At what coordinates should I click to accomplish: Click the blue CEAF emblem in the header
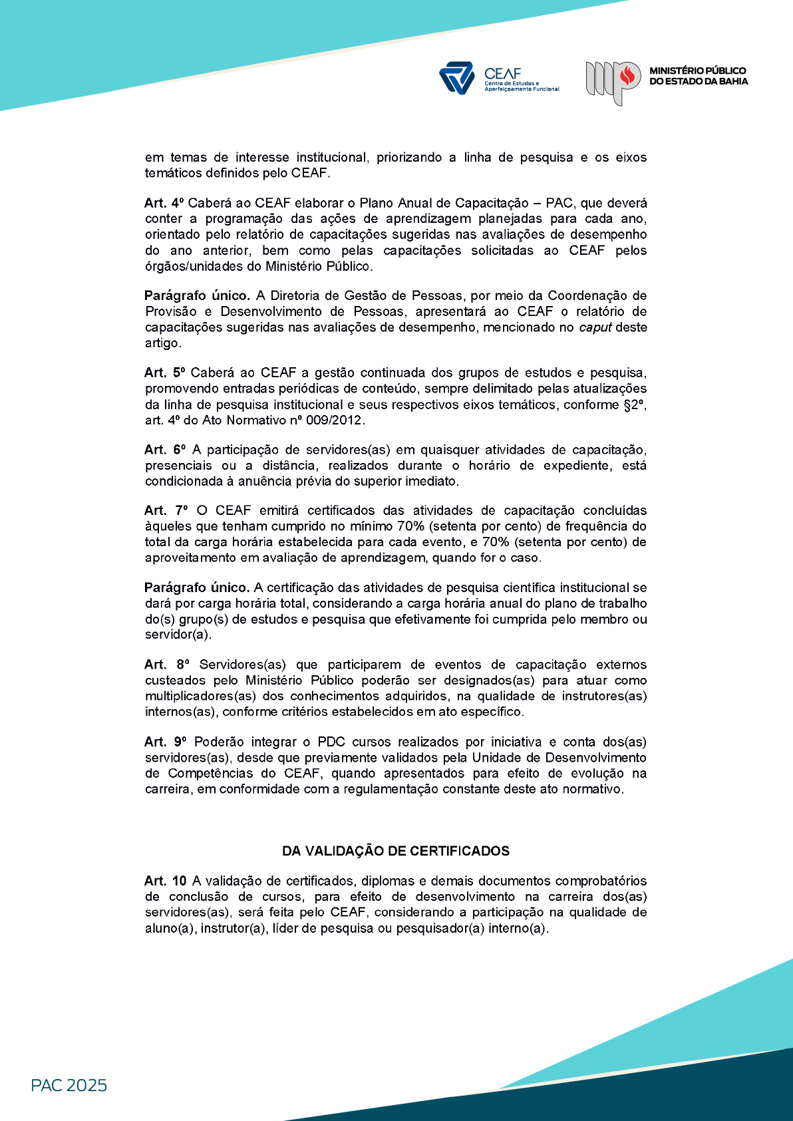pos(456,78)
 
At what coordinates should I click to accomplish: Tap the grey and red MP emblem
pos(613,82)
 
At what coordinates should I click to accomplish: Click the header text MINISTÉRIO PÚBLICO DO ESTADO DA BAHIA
pos(698,76)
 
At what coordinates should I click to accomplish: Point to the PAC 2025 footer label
pos(69,1086)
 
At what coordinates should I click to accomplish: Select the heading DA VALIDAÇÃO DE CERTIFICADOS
pos(396,851)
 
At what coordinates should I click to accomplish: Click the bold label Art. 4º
pos(164,203)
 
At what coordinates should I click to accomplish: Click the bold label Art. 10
pos(166,881)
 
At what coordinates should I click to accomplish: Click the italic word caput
pos(595,327)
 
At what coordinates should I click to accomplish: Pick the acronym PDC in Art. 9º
pos(331,742)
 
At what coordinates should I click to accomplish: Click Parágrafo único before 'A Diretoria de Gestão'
pos(197,295)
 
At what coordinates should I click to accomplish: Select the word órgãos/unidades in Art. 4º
pos(195,266)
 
